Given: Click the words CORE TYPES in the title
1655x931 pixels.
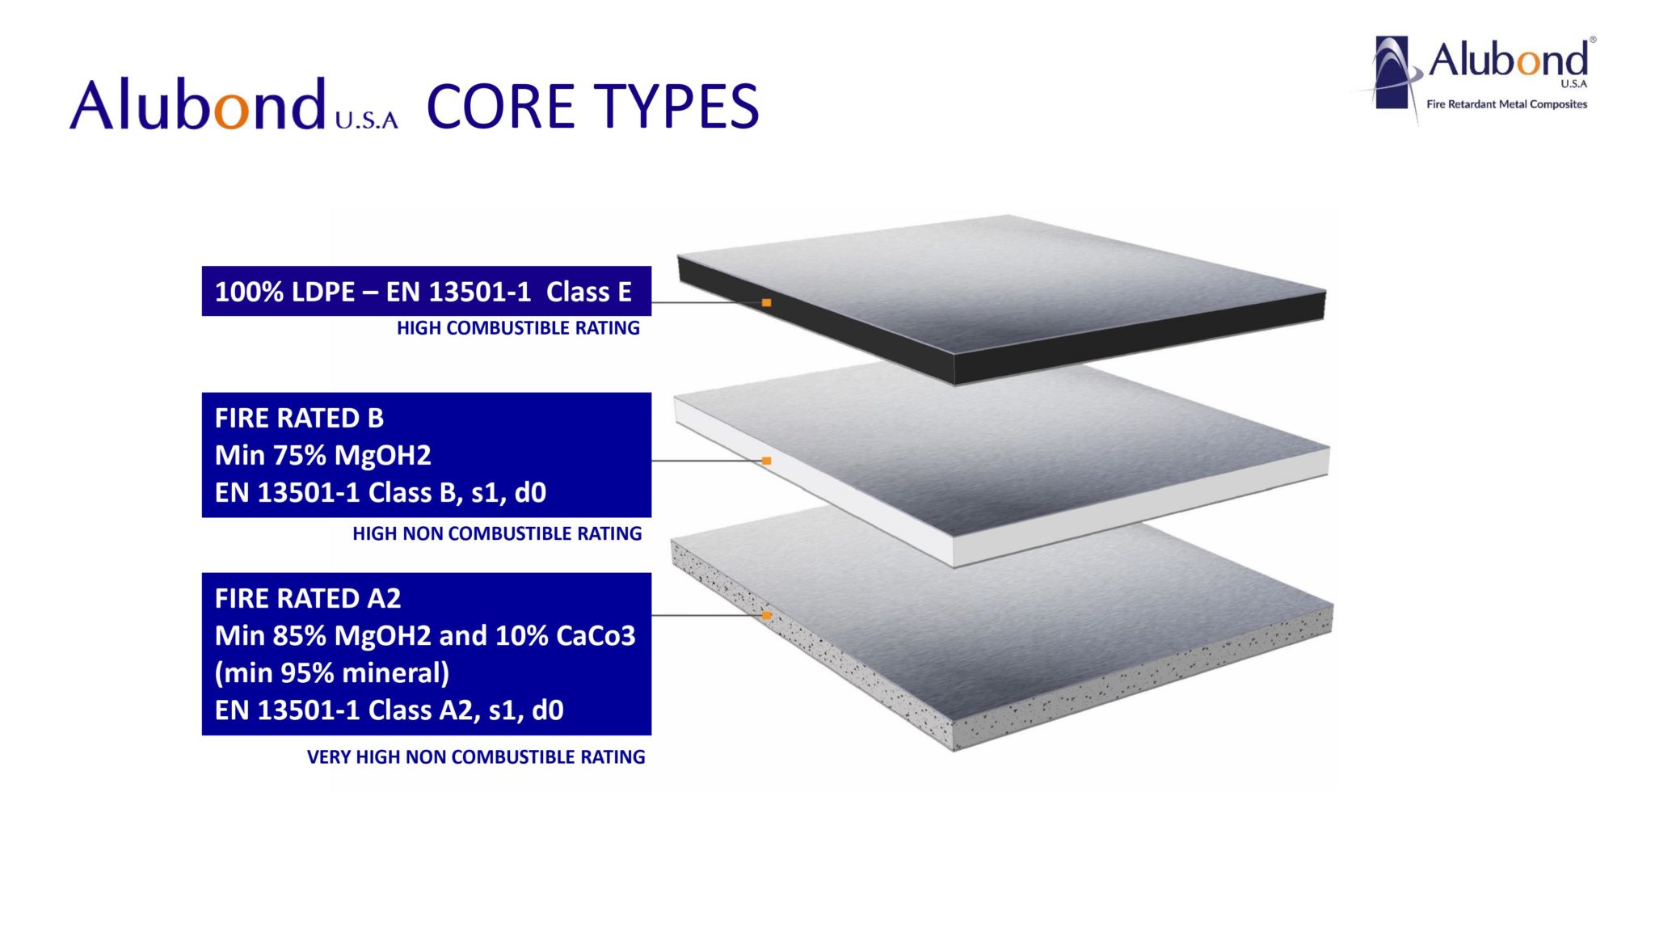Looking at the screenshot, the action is tap(592, 106).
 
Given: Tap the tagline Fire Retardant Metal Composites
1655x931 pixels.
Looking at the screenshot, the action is tap(1507, 104).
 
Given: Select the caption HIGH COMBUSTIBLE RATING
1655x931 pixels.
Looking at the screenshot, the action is tap(518, 328).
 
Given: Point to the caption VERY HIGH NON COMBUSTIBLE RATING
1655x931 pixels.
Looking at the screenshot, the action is tap(476, 757).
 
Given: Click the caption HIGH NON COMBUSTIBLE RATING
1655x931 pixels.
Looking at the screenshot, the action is tap(497, 533).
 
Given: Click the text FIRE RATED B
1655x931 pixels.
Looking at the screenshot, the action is tap(299, 418).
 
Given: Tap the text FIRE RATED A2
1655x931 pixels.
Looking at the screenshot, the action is tap(308, 598).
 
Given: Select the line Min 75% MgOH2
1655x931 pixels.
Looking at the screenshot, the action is tap(323, 456).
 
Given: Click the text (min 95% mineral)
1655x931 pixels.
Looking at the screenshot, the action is tap(332, 672).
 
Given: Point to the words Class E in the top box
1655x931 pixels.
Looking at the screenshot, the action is tap(589, 292).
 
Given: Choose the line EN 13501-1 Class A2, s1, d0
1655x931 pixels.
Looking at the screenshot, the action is tap(389, 710).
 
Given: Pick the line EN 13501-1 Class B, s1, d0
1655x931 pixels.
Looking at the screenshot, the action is tap(381, 492).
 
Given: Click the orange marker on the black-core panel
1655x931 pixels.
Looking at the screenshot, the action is tap(766, 303).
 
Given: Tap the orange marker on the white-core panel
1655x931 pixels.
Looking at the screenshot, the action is tap(766, 461).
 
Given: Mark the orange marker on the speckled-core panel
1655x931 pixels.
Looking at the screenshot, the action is tap(766, 616).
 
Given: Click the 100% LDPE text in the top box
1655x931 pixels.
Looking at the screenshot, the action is tap(284, 292).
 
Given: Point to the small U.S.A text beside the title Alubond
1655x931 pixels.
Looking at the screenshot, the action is tap(367, 120).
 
